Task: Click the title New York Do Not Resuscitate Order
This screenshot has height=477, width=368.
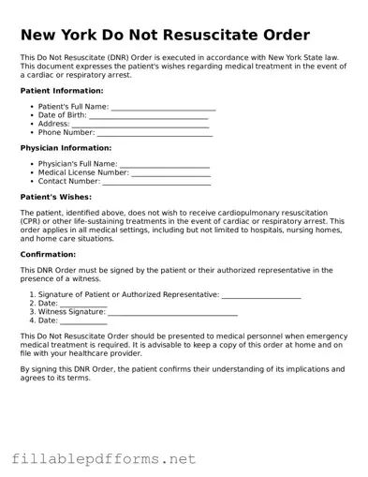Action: [165, 36]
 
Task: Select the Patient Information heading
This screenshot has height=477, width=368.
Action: [62, 91]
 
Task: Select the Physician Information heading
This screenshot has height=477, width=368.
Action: [66, 148]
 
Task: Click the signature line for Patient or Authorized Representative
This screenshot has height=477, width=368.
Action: [261, 295]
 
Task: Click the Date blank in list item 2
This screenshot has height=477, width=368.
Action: [83, 304]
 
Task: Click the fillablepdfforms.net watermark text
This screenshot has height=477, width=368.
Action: [104, 459]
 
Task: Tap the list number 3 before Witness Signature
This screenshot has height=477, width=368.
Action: [32, 312]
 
